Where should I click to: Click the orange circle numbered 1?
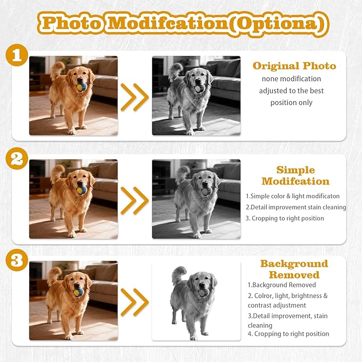17,55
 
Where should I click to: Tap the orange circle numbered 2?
17,158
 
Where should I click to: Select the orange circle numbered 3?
17,260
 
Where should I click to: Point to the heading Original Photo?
294,66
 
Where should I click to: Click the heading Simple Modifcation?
295,176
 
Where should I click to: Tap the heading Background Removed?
294,269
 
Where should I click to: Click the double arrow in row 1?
134,97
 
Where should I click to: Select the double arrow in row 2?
134,200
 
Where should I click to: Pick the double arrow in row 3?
134,302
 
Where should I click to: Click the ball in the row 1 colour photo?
82,87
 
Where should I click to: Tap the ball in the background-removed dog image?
204,293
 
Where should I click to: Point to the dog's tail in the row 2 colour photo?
57,173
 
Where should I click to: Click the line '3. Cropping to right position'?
285,219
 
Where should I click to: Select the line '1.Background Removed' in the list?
282,285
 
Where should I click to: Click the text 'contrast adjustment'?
277,305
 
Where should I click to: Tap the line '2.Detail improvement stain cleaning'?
296,207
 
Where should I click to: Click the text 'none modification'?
291,79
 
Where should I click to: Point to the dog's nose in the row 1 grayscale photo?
198,81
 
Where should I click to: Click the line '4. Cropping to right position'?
288,334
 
